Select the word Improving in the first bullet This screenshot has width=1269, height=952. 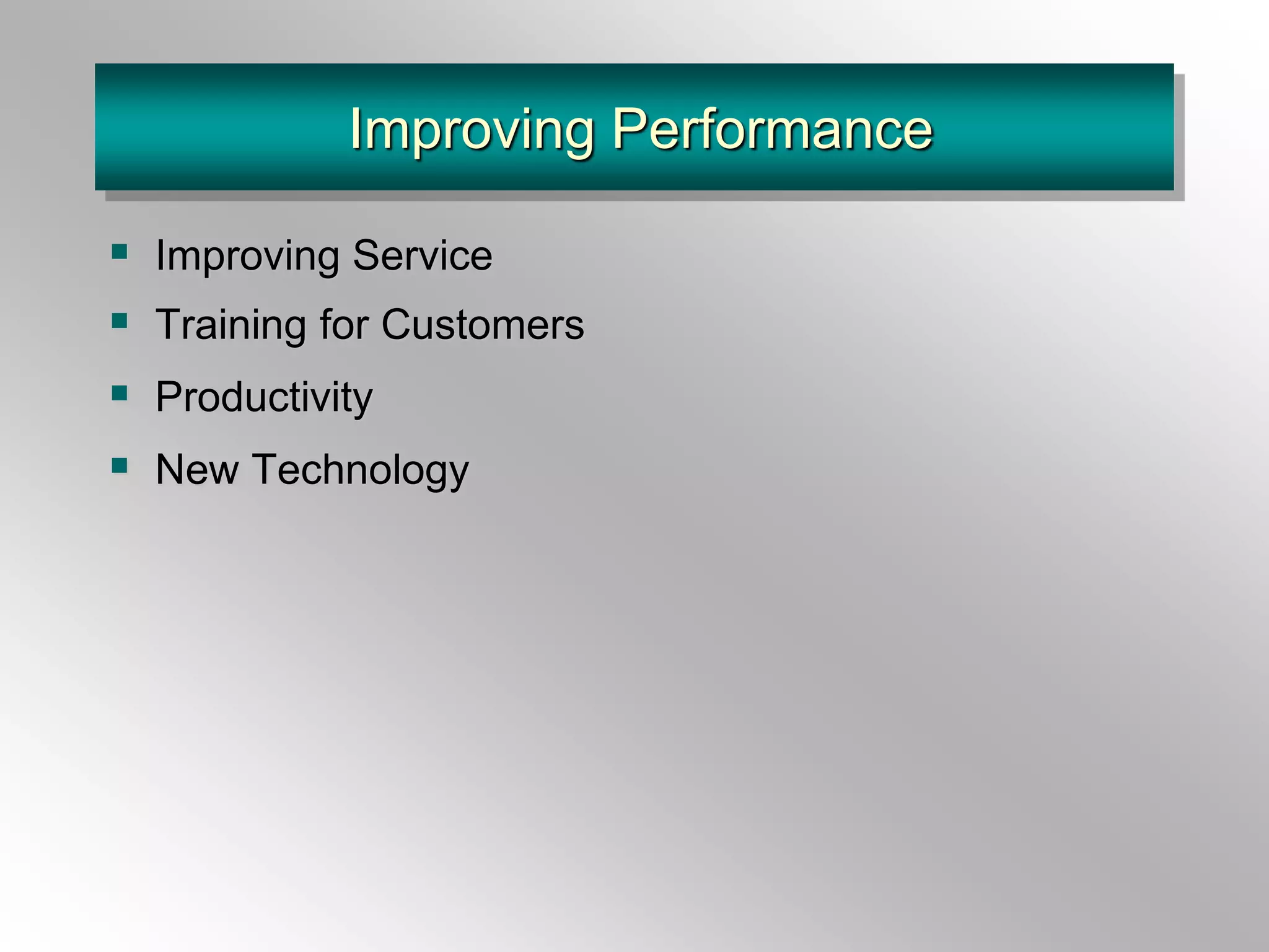pyautogui.click(x=247, y=255)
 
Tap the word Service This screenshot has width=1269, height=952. pyautogui.click(x=423, y=255)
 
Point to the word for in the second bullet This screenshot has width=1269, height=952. pyautogui.click(x=343, y=325)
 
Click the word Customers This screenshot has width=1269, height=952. pyautogui.click(x=483, y=325)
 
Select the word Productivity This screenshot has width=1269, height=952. pyautogui.click(x=264, y=397)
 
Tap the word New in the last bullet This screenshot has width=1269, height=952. pyautogui.click(x=197, y=469)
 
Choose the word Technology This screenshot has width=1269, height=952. pyautogui.click(x=361, y=469)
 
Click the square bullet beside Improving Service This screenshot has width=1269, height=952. pyautogui.click(x=120, y=251)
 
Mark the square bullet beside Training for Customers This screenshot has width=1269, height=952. pyautogui.click(x=120, y=320)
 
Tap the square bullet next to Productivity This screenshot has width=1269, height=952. pyautogui.click(x=120, y=392)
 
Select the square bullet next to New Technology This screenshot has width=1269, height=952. pyautogui.click(x=120, y=465)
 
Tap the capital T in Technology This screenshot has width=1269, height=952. pyautogui.click(x=268, y=469)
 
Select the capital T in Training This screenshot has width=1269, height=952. pyautogui.click(x=169, y=325)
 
